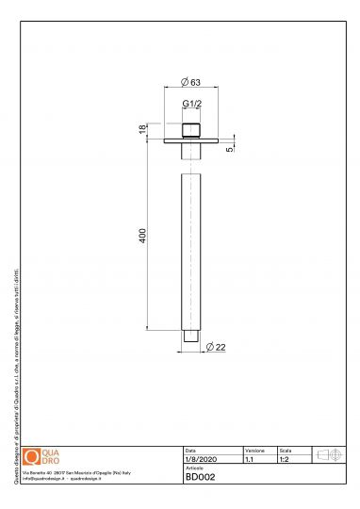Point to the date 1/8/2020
tap(200, 460)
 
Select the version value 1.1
tap(249, 460)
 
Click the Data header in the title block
tap(191, 451)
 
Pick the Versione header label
tap(254, 451)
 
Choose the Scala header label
tap(286, 451)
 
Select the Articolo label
tap(194, 468)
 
